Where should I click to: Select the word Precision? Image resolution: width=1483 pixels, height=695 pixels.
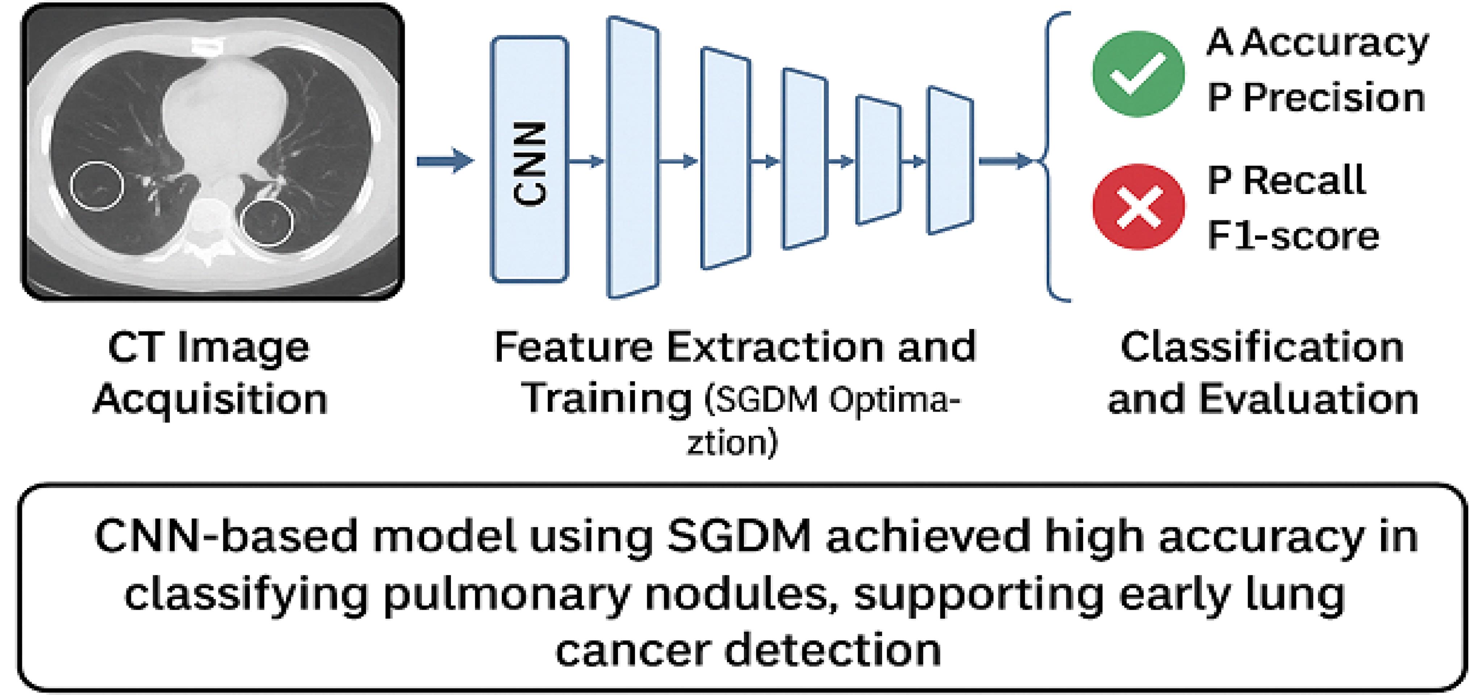point(1334,98)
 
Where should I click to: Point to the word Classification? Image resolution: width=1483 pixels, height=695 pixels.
point(1262,348)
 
